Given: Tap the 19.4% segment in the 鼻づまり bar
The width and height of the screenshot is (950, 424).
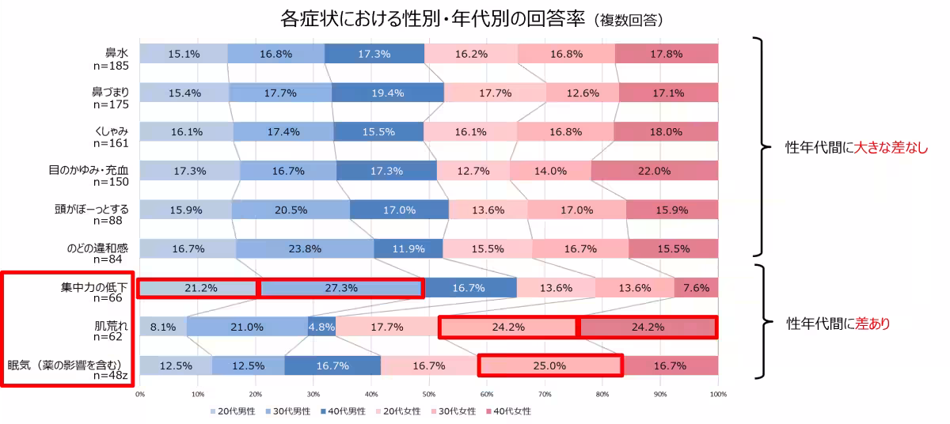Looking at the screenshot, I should coord(387,93).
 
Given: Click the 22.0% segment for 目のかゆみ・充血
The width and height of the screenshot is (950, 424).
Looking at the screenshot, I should coord(654,171).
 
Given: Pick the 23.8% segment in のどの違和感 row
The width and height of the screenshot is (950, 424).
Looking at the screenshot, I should coord(305,248).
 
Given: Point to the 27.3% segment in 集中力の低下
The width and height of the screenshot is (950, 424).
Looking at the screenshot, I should coord(341,288).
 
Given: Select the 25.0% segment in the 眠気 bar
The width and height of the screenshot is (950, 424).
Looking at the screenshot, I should coord(549,365).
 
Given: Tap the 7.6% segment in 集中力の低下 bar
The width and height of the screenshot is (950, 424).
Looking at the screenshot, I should coord(696,288).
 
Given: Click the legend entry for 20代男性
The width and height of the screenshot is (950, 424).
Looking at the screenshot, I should coord(230,411).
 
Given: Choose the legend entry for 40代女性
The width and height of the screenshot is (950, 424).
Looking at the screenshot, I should coord(507,411).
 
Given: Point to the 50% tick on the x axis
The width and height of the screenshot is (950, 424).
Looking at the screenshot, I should coord(428,392).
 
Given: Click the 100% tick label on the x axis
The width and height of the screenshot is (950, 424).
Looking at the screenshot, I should coord(716,392).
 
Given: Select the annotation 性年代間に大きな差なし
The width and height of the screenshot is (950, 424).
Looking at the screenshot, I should coord(856,148).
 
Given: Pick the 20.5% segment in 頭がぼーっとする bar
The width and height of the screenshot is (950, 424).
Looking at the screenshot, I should coord(291,210).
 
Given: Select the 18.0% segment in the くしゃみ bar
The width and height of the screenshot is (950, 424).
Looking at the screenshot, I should coord(665,132).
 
